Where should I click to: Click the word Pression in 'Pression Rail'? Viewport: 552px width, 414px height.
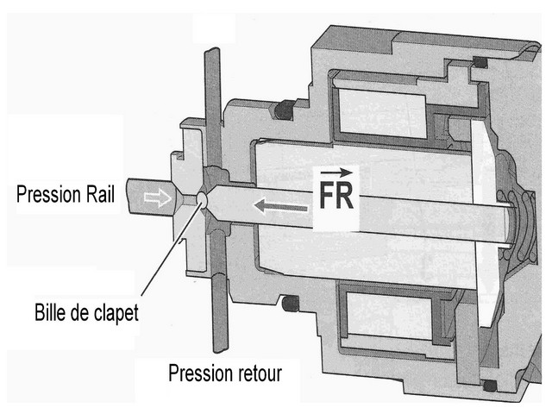[44, 194]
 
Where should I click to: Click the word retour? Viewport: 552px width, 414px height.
[260, 373]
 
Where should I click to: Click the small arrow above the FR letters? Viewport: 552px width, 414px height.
[336, 172]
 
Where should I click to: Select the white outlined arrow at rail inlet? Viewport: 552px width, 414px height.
[157, 198]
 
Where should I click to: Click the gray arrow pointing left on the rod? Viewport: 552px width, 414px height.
[280, 207]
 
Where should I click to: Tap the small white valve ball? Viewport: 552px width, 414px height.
[202, 199]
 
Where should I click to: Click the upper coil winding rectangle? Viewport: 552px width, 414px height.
[381, 113]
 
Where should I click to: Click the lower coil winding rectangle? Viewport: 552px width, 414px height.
[389, 316]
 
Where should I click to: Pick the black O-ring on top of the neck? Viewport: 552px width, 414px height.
[285, 110]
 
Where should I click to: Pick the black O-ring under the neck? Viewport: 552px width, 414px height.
[291, 304]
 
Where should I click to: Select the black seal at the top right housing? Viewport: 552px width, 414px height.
[480, 62]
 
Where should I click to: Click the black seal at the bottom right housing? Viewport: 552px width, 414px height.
[490, 386]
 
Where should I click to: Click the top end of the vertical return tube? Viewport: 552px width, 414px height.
[212, 50]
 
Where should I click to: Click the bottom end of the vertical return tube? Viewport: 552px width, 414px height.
[221, 349]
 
